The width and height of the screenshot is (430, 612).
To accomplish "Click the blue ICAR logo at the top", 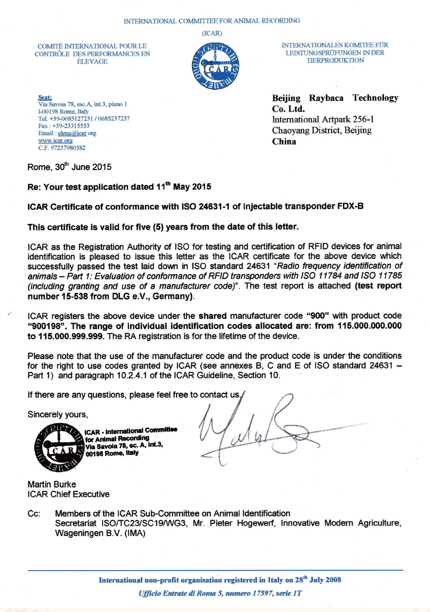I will [215, 66].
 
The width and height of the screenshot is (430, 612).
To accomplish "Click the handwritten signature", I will [259, 431].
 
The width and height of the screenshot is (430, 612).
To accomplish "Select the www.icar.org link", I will [55, 140].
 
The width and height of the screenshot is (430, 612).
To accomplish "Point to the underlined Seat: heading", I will [45, 97].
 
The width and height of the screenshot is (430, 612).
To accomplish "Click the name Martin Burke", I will [52, 484].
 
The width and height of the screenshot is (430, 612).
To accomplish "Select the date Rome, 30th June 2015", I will [69, 167].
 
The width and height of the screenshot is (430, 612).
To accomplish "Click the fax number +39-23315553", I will [71, 126].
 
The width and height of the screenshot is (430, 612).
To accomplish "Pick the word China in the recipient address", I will [284, 142].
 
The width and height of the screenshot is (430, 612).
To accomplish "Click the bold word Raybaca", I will [326, 98].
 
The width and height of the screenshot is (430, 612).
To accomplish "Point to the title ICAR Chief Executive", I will [68, 494].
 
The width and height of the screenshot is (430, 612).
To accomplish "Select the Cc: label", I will [34, 514].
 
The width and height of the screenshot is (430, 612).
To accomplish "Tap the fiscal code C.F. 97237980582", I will [62, 148].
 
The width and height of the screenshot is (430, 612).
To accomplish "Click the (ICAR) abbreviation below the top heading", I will [212, 33].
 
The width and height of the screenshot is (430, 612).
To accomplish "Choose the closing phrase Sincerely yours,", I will [58, 414].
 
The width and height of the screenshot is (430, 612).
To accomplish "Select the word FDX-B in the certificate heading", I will [350, 206].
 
